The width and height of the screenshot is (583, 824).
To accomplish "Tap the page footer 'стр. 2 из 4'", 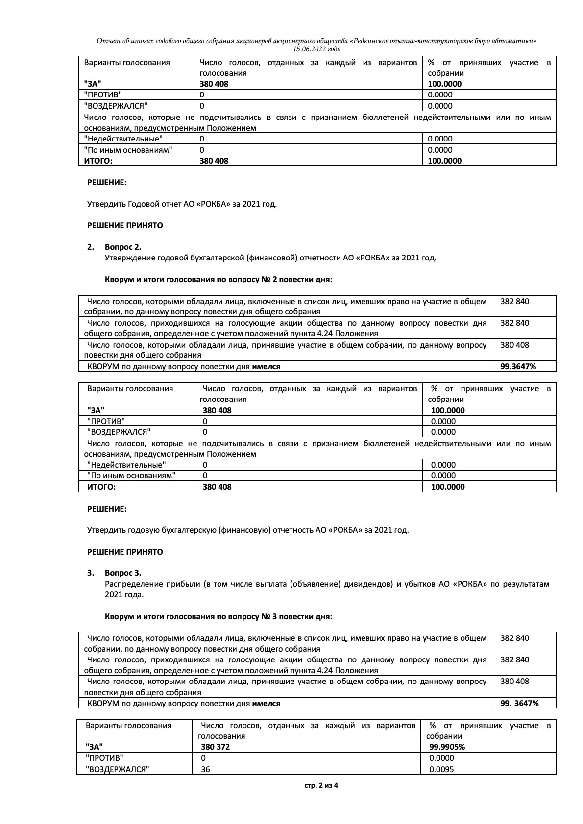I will pyautogui.click(x=321, y=785).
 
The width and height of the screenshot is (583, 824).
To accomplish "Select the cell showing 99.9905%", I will pyautogui.click(x=447, y=747).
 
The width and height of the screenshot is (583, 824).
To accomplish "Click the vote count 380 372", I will pyautogui.click(x=215, y=747).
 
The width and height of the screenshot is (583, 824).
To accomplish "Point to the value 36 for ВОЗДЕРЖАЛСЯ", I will pyautogui.click(x=205, y=769).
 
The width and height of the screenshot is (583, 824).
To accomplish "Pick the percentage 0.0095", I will pyautogui.click(x=441, y=769).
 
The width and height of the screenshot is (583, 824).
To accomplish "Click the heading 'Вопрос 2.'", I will pyautogui.click(x=122, y=247).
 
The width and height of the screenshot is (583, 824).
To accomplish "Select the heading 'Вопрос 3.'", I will pyautogui.click(x=122, y=573).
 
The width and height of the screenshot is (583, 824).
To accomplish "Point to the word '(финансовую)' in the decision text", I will pyautogui.click(x=245, y=530).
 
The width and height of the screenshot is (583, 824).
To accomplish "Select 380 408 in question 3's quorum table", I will pyautogui.click(x=514, y=682).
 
